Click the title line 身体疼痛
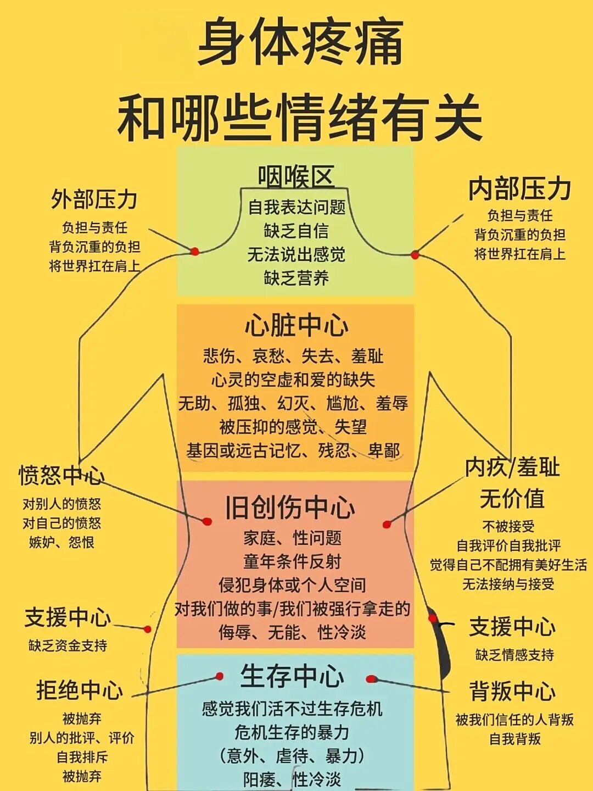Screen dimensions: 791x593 301,43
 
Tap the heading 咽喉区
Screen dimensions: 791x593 296,177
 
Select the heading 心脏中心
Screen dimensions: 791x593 296,325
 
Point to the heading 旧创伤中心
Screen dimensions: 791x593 290,507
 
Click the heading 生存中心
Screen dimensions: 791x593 292,676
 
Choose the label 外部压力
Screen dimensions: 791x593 94,199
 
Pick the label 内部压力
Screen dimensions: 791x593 519,188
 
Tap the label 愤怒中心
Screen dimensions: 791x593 61,475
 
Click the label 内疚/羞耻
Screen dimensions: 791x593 512,467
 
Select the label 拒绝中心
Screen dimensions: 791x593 80,690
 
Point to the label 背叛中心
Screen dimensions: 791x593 512,691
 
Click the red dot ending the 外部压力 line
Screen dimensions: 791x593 194,252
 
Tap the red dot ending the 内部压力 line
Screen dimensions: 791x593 415,255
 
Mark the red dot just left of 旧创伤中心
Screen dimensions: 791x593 207,521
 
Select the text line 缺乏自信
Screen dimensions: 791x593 296,231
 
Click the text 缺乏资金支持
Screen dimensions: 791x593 68,645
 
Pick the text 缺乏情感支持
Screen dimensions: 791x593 514,655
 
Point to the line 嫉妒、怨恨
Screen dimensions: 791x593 61,543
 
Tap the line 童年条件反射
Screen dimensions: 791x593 292,561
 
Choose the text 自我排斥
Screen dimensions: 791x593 82,757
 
